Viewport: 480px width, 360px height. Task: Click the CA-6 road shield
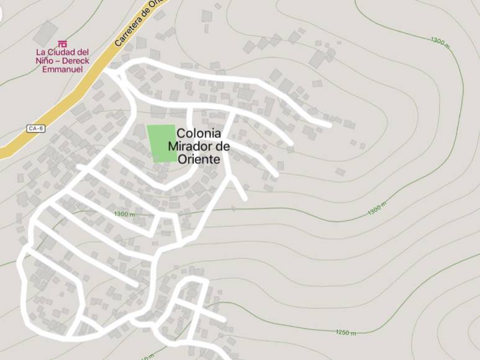36,128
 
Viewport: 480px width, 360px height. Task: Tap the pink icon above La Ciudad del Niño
62,43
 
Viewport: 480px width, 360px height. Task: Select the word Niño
45,61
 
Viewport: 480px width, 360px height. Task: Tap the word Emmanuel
62,69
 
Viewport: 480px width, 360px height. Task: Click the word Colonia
198,133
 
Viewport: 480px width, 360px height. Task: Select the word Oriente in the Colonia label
199,159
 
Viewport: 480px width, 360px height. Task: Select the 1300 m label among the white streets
124,214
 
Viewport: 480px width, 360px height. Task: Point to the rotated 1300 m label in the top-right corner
439,41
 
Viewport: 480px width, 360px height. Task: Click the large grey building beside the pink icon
45,32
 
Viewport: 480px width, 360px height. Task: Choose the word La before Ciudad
42,52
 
